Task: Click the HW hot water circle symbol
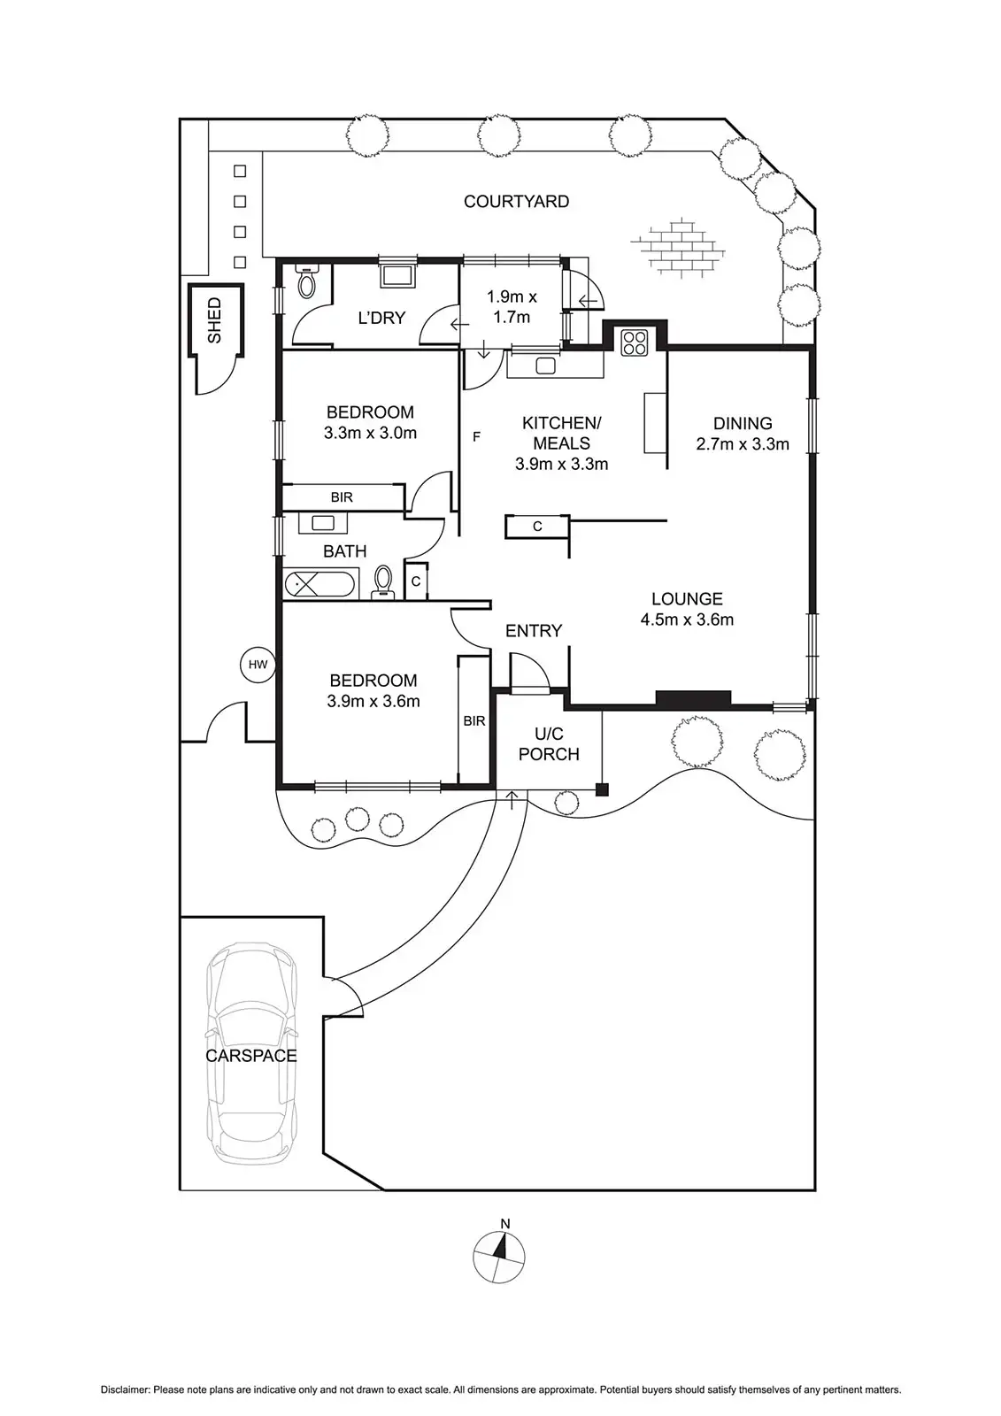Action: (x=258, y=665)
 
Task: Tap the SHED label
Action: (x=214, y=320)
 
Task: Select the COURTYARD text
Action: (x=516, y=202)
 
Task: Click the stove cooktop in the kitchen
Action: (x=634, y=342)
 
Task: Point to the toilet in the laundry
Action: (x=306, y=281)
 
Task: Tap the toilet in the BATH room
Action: (x=384, y=582)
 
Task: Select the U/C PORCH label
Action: (x=549, y=743)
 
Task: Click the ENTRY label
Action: (x=534, y=631)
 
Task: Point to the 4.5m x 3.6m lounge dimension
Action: (x=687, y=619)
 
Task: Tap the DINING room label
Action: (x=743, y=423)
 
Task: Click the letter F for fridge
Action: (x=476, y=436)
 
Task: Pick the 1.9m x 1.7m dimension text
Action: (x=512, y=306)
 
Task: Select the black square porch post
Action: (x=602, y=789)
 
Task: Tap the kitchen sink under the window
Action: (x=544, y=365)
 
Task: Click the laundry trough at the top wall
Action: (x=394, y=275)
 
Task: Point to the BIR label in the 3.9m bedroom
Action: (x=474, y=721)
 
